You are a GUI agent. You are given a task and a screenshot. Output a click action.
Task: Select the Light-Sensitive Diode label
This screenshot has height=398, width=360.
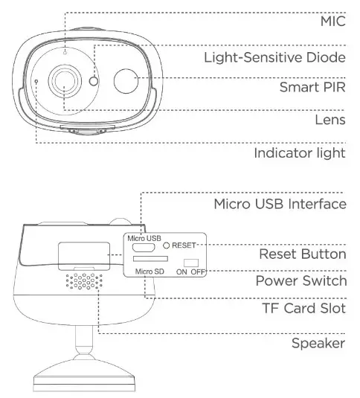274,57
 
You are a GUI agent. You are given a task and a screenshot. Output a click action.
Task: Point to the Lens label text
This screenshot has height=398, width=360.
330,119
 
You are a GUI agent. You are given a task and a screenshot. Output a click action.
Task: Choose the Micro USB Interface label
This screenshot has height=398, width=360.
280,204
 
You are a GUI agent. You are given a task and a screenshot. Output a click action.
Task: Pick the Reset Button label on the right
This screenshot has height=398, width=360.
302,254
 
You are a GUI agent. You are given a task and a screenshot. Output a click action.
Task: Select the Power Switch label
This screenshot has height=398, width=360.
301,280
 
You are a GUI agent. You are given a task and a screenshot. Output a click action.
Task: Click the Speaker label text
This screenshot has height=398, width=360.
317,343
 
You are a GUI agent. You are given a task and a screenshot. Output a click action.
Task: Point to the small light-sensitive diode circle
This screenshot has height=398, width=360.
94,82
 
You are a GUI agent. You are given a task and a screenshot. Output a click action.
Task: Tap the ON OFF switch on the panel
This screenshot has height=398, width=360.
193,263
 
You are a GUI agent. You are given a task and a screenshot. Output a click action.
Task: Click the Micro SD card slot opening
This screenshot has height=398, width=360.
150,260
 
